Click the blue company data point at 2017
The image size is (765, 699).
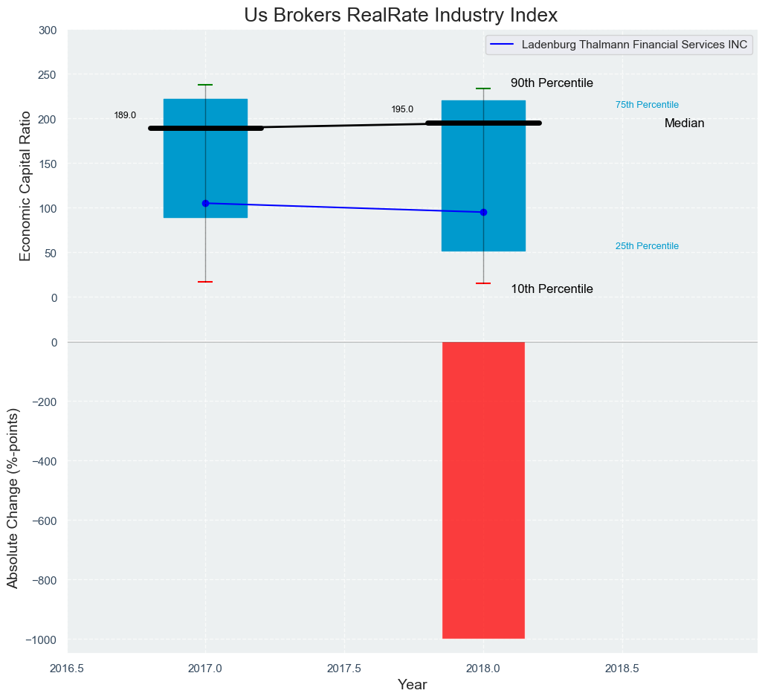[205, 203]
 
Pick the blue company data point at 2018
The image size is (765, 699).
[483, 212]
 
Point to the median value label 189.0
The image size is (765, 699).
[125, 115]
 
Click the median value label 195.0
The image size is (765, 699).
[402, 109]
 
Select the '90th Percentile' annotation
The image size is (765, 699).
[552, 83]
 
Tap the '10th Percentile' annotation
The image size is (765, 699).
[552, 289]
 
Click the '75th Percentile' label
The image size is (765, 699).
[647, 105]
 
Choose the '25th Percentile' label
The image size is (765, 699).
[647, 246]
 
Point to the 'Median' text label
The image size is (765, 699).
[684, 123]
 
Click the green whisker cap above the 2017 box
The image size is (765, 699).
[205, 85]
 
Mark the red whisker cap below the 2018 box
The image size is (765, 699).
[483, 283]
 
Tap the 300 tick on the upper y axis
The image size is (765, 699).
[48, 30]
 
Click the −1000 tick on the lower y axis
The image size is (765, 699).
[43, 640]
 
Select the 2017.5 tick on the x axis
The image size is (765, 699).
[344, 668]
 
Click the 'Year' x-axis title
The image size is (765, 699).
[412, 685]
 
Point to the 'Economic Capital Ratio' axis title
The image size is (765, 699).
[25, 185]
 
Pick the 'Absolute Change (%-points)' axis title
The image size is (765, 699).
[13, 497]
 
